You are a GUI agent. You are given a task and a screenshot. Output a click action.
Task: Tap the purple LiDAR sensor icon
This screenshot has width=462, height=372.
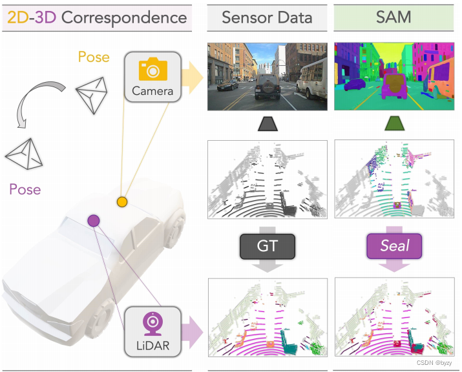152,321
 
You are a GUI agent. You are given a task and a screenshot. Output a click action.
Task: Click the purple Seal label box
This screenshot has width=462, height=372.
395,246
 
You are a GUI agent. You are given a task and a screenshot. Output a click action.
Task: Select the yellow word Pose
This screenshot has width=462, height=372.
94,57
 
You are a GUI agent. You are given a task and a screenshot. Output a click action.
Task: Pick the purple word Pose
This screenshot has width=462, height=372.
25,189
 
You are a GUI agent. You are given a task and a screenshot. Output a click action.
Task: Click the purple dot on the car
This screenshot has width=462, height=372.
94,221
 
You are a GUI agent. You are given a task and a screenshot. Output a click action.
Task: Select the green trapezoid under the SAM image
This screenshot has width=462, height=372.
395,124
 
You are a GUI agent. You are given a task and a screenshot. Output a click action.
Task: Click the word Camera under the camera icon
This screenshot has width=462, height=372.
152,91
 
